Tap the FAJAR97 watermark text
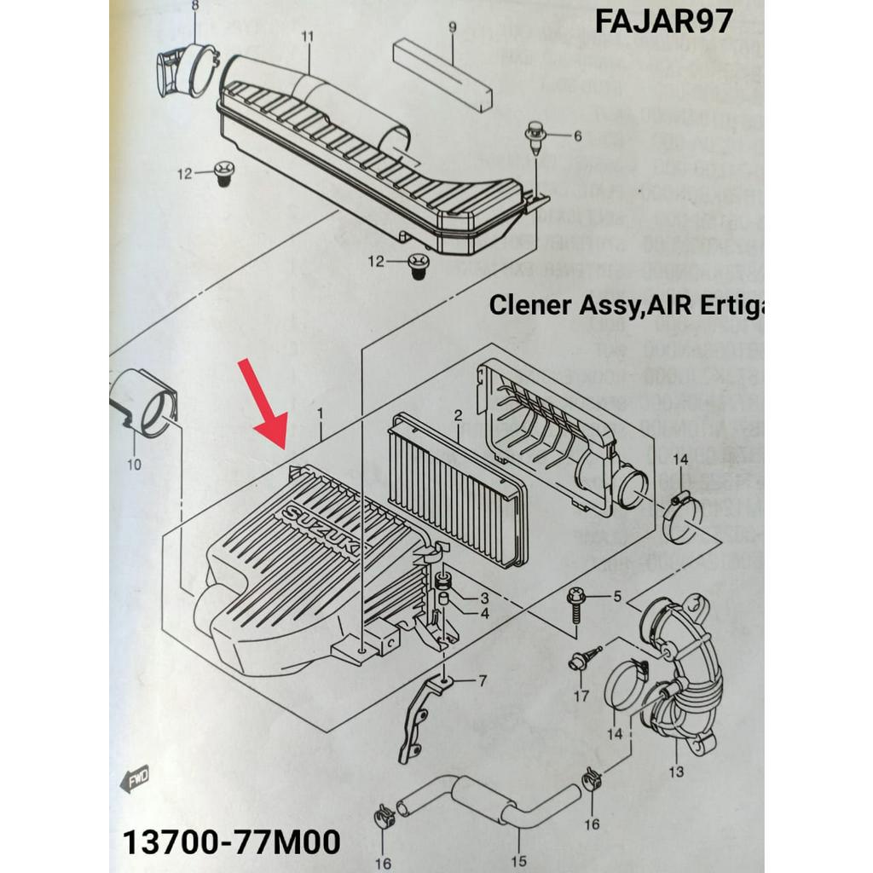[663, 21]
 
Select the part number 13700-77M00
[232, 842]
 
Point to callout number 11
[308, 37]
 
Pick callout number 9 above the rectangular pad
[452, 28]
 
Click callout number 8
[194, 7]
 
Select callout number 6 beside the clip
[577, 136]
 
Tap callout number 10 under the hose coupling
[134, 465]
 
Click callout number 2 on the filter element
[458, 416]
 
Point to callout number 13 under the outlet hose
[676, 772]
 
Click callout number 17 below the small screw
[581, 697]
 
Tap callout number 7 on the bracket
[482, 681]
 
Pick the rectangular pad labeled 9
[442, 75]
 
